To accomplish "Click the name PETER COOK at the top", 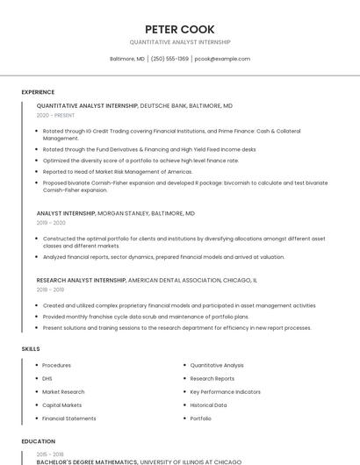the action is click(180, 29).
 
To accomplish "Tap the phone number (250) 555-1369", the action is click(169, 59).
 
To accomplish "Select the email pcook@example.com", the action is click(222, 59).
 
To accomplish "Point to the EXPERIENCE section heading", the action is click(38, 92).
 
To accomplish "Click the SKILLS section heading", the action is click(31, 349).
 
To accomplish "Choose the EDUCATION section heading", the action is click(38, 441).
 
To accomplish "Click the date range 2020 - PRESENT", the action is click(55, 115).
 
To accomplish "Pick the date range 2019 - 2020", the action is click(51, 223).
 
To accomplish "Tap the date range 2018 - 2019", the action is click(50, 290).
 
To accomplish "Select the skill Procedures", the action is click(56, 365).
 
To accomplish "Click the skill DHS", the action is click(47, 378).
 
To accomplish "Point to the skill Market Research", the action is click(63, 391).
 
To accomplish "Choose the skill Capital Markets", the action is click(61, 405).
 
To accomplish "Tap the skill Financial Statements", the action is click(69, 418).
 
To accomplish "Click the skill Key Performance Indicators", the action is click(225, 391).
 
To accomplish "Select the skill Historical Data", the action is click(208, 405).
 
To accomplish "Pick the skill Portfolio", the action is click(201, 418).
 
